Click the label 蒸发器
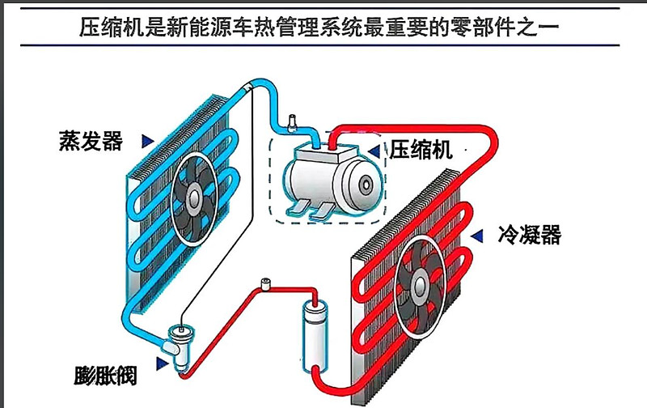[91, 141]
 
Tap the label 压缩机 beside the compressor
[421, 150]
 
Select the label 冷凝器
[530, 235]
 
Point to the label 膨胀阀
[105, 376]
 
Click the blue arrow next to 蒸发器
[147, 141]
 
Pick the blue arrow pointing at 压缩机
[374, 151]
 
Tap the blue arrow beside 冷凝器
[477, 236]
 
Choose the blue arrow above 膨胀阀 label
[163, 363]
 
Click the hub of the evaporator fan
[193, 198]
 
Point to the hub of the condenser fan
[420, 284]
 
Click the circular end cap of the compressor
[366, 185]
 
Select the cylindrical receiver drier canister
[315, 337]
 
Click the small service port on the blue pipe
[293, 123]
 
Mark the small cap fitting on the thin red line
[265, 284]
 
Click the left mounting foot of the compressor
[298, 208]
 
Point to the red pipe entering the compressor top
[332, 138]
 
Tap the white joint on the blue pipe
[248, 88]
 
